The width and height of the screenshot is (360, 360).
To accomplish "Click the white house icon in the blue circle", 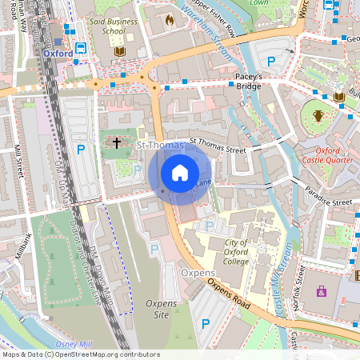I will [180, 173].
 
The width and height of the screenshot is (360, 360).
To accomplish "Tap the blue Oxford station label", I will [58, 54].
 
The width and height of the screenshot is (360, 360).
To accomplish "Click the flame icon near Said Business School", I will [169, 18].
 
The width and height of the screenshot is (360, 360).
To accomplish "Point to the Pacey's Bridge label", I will [250, 80].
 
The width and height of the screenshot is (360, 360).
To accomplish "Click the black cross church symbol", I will [117, 143].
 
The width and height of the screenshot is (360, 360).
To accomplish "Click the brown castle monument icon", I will [318, 115].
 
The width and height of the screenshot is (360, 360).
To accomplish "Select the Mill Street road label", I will [18, 163].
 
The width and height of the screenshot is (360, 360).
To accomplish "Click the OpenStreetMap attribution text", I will [80, 354].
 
